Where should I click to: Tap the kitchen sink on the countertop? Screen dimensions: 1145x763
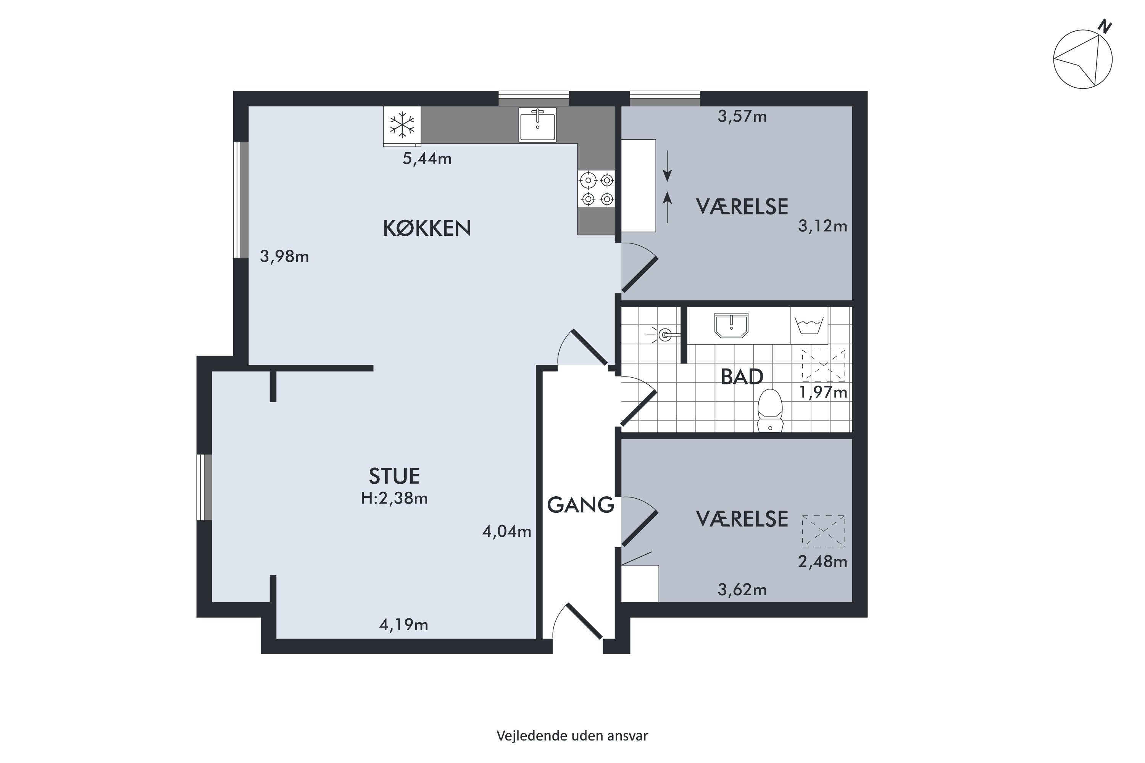pos(537,125)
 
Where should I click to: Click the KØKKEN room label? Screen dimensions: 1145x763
pos(427,228)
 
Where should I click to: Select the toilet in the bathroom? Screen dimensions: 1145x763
pos(770,411)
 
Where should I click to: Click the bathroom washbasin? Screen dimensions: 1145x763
pos(731,325)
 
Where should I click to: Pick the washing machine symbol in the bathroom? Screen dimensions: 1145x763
pos(809,325)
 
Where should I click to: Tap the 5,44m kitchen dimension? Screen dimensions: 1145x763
pos(427,159)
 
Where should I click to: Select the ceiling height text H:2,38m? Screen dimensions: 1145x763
pos(394,498)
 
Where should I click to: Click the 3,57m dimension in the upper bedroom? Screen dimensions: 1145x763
pos(742,116)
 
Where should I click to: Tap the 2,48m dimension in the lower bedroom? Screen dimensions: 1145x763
pos(823,562)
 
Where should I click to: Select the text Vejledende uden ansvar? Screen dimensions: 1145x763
pos(572,736)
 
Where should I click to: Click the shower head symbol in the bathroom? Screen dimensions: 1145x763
pos(663,335)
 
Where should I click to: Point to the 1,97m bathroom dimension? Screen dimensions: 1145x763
pos(823,392)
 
